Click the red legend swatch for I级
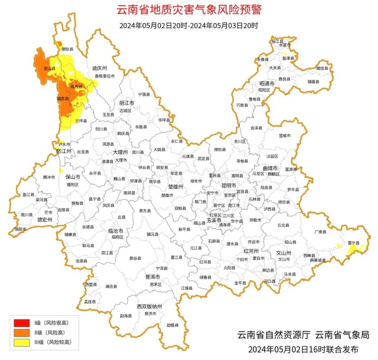(x=21, y=322)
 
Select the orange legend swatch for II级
(x=21, y=332)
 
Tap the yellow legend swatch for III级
(x=21, y=342)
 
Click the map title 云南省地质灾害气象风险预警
(x=189, y=10)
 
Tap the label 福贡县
(x=63, y=99)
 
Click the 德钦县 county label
(x=67, y=49)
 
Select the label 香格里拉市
(x=104, y=76)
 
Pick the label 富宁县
(x=354, y=243)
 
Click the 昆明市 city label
(x=229, y=185)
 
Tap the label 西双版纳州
(x=149, y=306)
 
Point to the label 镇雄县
(x=314, y=82)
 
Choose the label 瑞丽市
(x=20, y=229)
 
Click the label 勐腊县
(x=172, y=325)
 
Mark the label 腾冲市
(x=49, y=178)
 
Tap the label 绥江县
(x=277, y=41)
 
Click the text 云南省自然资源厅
(x=274, y=335)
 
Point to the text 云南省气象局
(x=342, y=335)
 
